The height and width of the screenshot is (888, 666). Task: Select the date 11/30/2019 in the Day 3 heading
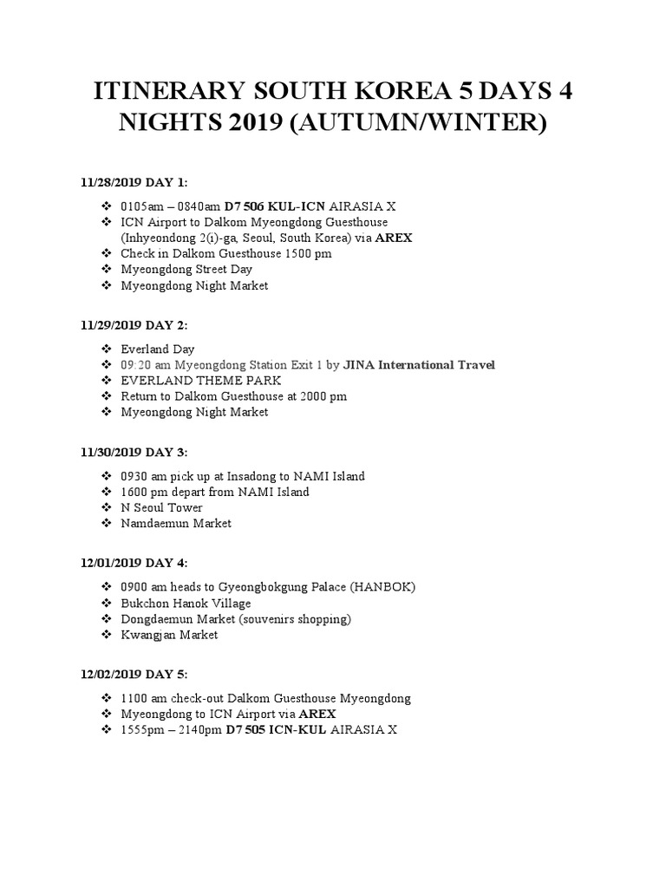(x=108, y=452)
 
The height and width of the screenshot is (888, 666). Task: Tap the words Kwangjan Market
(x=171, y=635)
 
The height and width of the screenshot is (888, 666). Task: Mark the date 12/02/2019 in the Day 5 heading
(x=108, y=673)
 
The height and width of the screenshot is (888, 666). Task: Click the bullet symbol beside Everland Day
(x=107, y=349)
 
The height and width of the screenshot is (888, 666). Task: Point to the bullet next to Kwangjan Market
(x=107, y=635)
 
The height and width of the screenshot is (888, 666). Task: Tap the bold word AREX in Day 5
(x=318, y=714)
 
